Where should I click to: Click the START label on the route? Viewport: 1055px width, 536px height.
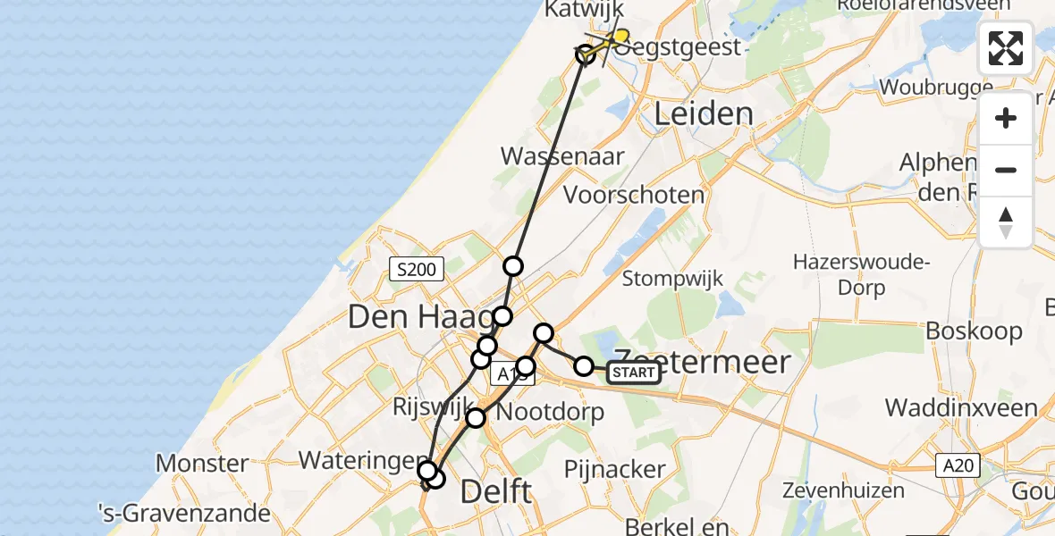point(634,373)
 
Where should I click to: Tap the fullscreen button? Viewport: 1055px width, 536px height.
point(1006,48)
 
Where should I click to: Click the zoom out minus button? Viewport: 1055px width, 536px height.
point(1006,170)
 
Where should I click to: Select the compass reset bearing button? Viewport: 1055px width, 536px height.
point(1006,222)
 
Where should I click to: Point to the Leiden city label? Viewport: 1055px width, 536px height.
point(704,113)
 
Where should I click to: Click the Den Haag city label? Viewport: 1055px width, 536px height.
point(419,316)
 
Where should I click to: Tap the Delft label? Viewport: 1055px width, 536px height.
point(495,491)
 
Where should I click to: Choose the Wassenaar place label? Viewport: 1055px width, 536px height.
point(562,155)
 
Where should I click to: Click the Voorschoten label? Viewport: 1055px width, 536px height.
point(633,195)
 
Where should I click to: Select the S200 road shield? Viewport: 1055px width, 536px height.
point(418,268)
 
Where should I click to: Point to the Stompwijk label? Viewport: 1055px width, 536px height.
point(671,278)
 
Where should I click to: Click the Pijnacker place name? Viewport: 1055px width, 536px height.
point(615,469)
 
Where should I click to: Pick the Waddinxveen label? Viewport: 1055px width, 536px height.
point(961,408)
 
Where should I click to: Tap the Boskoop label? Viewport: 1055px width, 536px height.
point(974,331)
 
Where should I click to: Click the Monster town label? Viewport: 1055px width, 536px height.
point(202,463)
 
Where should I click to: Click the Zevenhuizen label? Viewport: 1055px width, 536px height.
point(843,490)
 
